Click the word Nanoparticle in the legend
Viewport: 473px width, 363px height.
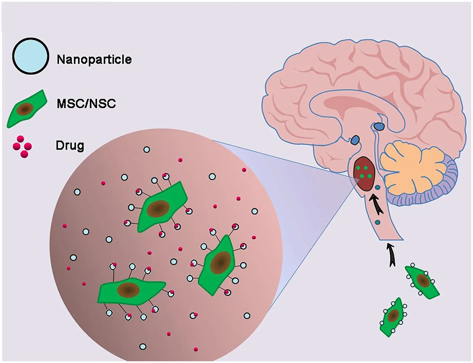[94, 59]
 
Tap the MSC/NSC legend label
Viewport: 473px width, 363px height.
[86, 104]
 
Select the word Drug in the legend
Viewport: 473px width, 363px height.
[70, 146]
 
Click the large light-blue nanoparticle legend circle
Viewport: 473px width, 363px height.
[30, 56]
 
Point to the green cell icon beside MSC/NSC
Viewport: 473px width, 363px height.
[27, 109]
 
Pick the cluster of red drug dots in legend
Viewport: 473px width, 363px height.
[22, 147]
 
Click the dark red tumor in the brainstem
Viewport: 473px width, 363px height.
[365, 174]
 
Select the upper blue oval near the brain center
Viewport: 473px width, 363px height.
[379, 127]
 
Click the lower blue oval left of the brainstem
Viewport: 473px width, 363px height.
[355, 140]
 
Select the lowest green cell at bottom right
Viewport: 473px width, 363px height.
[392, 317]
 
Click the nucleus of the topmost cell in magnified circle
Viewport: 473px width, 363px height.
[158, 208]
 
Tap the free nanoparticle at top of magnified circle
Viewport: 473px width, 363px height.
[147, 150]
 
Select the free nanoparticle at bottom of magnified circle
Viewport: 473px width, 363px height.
[143, 346]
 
